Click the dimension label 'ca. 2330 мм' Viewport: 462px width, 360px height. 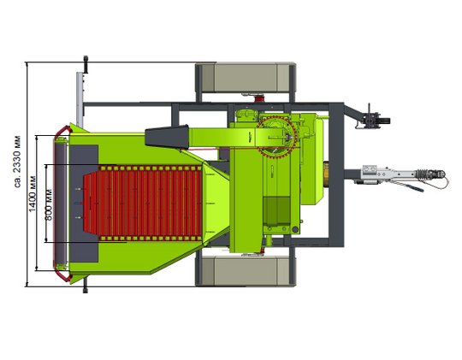pyautogui.click(x=18, y=162)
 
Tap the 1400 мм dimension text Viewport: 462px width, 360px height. pyautogui.click(x=33, y=193)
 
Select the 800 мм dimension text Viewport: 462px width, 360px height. pyautogui.click(x=49, y=204)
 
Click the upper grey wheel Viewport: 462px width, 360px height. pyautogui.click(x=246, y=78)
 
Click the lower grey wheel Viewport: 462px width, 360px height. pyautogui.click(x=246, y=271)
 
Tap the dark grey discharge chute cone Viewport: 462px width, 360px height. pyautogui.click(x=167, y=136)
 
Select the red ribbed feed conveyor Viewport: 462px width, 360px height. pyautogui.click(x=143, y=204)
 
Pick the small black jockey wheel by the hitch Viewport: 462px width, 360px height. pyautogui.click(x=385, y=121)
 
